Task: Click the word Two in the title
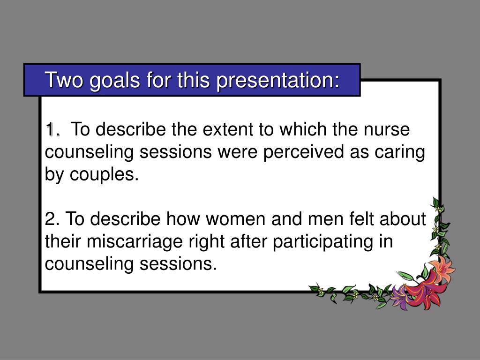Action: tap(64, 80)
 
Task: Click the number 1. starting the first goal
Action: tap(52, 129)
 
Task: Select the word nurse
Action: tap(386, 129)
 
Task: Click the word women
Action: tap(235, 219)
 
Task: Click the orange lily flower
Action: tap(442, 268)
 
